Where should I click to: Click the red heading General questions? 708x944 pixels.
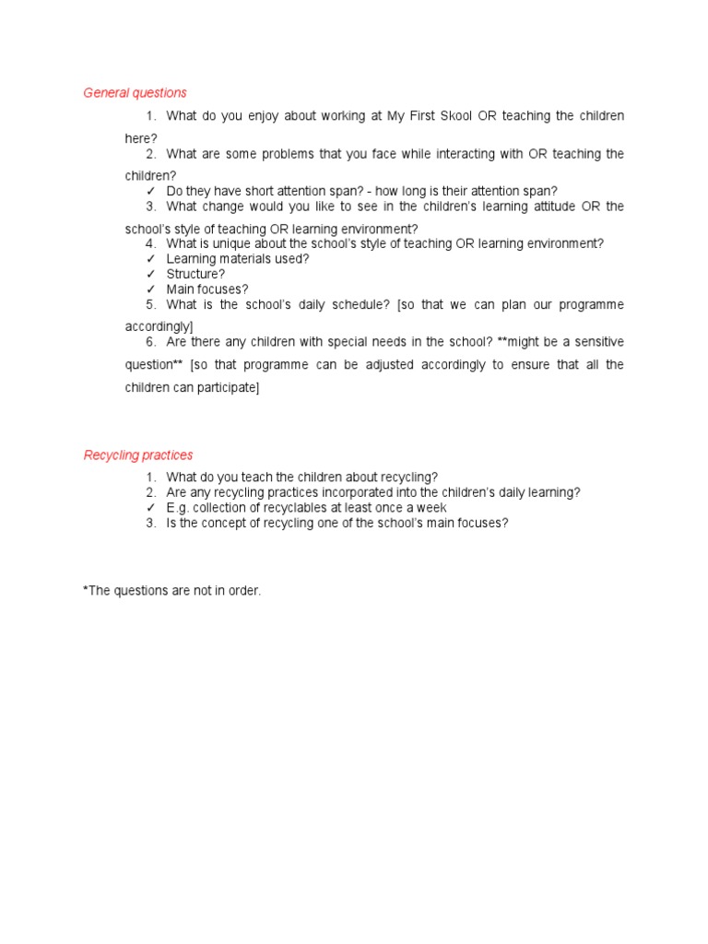tap(135, 93)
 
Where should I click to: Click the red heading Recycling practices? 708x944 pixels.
tap(138, 455)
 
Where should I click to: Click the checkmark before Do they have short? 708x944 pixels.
tap(150, 192)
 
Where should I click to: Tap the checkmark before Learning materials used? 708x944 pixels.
tap(150, 259)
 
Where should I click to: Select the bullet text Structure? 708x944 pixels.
tap(195, 275)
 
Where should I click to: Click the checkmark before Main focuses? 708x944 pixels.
tap(150, 289)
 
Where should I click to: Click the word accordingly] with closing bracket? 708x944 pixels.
tap(159, 327)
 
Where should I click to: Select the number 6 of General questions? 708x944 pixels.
tap(149, 342)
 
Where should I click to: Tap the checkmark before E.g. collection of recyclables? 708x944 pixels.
tap(150, 508)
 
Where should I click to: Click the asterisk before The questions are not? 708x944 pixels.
tap(86, 590)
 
